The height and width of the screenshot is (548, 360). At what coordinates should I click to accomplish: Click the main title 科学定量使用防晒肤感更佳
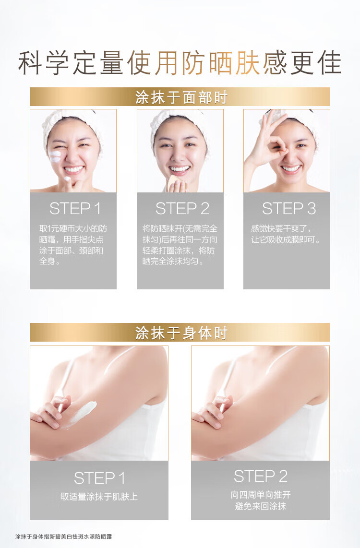[180, 63]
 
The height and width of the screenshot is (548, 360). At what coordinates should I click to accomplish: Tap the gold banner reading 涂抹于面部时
[180, 97]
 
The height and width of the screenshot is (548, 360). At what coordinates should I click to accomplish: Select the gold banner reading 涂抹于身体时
[180, 333]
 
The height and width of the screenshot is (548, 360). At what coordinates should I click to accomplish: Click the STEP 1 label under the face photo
[75, 209]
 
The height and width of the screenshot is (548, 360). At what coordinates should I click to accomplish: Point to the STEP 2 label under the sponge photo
[182, 209]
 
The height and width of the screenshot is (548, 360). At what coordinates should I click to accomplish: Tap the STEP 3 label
[288, 209]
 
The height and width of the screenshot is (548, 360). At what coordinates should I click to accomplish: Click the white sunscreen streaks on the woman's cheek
[55, 156]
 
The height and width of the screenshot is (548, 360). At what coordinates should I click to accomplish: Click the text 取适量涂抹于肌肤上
[99, 496]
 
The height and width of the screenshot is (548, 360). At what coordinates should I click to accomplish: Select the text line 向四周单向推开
[260, 495]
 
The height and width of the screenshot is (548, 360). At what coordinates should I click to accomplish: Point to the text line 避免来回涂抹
[260, 506]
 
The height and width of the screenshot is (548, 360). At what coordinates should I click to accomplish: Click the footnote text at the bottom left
[64, 536]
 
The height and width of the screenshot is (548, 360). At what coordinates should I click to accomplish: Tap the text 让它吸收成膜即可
[285, 240]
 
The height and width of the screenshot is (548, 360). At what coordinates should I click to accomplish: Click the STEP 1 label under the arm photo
[99, 478]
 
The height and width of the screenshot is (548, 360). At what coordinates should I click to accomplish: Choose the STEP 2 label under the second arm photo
[260, 476]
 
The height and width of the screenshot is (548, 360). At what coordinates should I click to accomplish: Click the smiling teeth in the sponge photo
[180, 169]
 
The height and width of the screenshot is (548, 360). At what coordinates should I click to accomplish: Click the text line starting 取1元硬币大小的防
[73, 228]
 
